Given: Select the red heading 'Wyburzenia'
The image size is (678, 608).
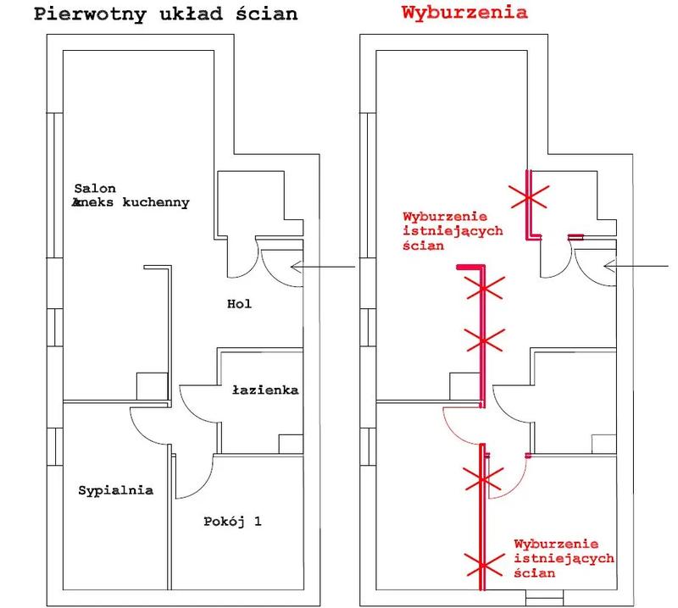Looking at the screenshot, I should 464,14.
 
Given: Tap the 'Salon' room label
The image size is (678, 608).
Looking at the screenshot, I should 94,188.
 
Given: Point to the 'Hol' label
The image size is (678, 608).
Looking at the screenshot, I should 240,302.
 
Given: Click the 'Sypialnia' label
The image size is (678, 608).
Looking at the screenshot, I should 115,490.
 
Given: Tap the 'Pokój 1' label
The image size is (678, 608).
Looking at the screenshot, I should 233,522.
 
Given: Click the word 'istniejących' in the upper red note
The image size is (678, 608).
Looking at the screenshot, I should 442,230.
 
